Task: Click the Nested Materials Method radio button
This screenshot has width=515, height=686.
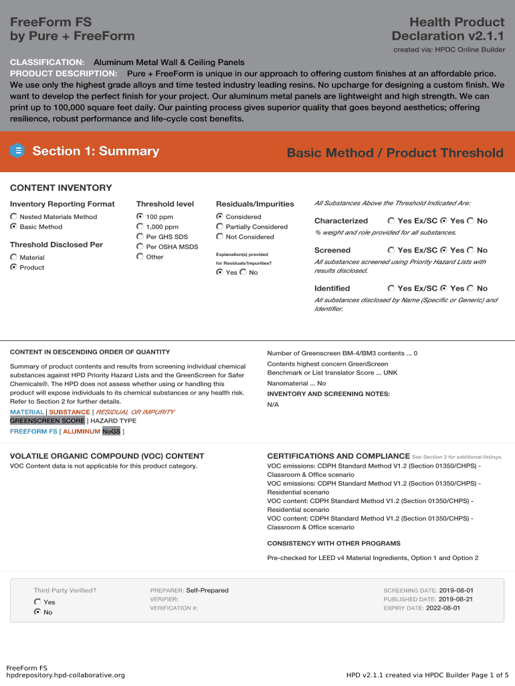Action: pos(14,217)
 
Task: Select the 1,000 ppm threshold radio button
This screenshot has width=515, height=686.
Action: pos(140,227)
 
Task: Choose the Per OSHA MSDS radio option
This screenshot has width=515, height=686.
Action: pos(140,247)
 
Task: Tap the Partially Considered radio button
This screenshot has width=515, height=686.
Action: pos(219,227)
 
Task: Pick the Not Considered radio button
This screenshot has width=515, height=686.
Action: pos(219,236)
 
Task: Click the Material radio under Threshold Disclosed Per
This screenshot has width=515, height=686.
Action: pos(14,257)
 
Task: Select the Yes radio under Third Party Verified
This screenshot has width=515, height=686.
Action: pos(37,602)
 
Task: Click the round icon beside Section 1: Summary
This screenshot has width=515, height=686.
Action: pos(18,151)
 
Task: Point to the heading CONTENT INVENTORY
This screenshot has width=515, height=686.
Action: pos(61,188)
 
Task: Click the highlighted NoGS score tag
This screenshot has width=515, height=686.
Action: pos(111,431)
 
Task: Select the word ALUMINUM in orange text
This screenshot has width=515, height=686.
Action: pos(82,431)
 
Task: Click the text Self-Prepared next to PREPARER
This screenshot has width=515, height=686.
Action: pos(207,590)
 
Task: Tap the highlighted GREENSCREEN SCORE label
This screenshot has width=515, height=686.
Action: pos(47,421)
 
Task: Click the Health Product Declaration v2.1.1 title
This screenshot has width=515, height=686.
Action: pos(447,29)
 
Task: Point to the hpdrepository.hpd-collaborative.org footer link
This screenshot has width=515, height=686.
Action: pos(66,675)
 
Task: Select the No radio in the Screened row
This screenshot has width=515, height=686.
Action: pos(470,250)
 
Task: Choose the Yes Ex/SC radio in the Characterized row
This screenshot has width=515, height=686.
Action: pos(391,220)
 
